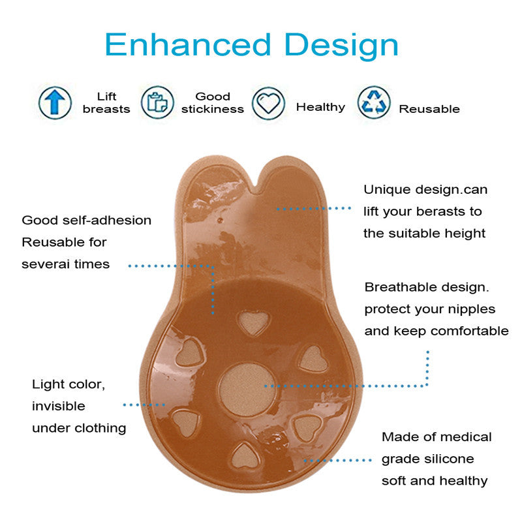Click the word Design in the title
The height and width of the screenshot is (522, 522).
(341, 46)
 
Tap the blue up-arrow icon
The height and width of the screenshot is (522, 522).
(55, 102)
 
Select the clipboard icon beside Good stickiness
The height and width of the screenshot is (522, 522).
(157, 102)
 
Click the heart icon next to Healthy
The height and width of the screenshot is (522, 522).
(268, 102)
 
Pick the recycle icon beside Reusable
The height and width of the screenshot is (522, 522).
(374, 102)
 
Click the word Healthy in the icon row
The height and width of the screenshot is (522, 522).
(320, 107)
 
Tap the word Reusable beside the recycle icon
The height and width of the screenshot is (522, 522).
(429, 109)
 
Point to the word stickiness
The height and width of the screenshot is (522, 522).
(213, 109)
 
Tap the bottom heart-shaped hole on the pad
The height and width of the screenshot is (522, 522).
(246, 456)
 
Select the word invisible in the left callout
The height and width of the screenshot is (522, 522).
(59, 406)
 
